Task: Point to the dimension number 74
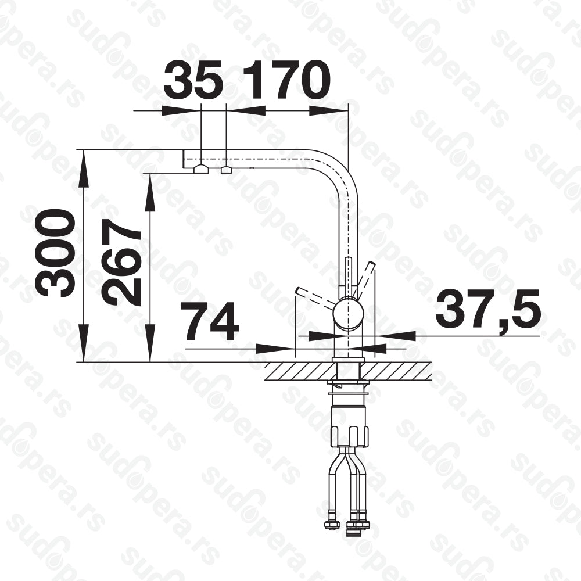click(211, 321)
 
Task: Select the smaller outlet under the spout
click(227, 170)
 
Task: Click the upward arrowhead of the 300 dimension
click(84, 167)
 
